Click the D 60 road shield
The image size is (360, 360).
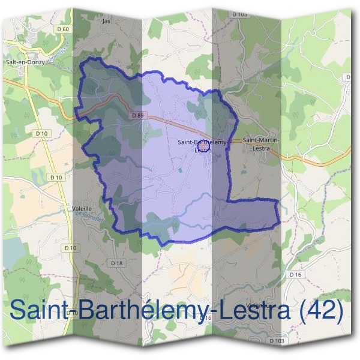65,29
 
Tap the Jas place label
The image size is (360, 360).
107,20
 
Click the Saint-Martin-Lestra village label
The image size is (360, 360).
262,143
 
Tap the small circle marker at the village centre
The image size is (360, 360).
202,146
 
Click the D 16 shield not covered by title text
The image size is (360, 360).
293,274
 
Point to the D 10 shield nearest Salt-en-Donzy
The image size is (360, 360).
41,133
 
